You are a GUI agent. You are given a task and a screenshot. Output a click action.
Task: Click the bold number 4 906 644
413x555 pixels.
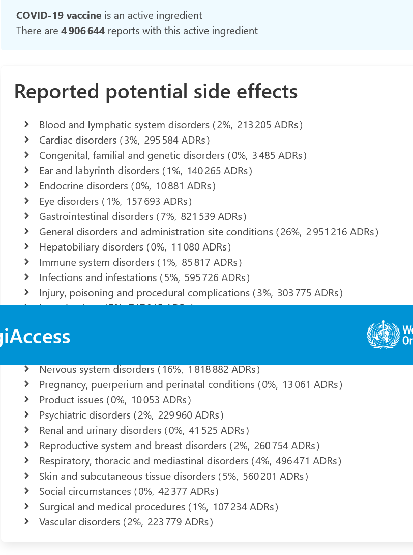click(83, 31)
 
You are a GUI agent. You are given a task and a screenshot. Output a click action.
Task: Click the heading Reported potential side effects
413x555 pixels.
click(156, 92)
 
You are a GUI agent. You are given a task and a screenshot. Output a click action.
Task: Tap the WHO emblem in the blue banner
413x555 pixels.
click(383, 335)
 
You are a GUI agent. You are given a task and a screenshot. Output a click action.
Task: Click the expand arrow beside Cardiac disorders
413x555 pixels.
click(26, 140)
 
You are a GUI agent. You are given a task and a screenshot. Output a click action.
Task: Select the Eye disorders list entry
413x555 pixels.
click(69, 201)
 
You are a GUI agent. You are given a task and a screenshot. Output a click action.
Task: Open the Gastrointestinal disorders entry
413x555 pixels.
click(96, 216)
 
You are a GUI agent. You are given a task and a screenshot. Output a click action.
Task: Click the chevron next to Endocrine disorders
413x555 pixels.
click(26, 185)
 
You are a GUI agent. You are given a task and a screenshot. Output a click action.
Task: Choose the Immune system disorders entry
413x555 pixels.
click(97, 262)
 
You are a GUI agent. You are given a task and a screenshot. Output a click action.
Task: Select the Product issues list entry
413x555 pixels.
click(71, 400)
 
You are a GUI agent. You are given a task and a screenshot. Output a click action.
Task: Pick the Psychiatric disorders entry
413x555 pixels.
click(85, 415)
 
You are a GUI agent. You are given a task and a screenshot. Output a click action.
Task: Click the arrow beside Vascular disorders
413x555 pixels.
click(26, 521)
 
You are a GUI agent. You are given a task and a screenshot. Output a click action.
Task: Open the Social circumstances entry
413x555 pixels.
click(85, 491)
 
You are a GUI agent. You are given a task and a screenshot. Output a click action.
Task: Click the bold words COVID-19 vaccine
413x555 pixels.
click(59, 16)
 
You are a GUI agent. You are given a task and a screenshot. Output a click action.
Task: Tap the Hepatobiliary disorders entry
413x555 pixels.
click(91, 247)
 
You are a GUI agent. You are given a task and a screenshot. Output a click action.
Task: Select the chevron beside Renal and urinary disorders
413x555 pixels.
click(26, 430)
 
